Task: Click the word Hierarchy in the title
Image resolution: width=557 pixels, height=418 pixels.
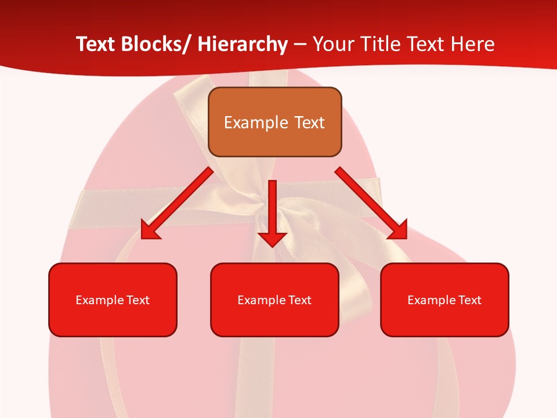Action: [x=243, y=44]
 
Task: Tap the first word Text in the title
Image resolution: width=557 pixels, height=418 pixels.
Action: [x=96, y=44]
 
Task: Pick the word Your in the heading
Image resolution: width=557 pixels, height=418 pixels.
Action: [x=332, y=44]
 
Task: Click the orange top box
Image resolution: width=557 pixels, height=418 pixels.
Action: [x=274, y=122]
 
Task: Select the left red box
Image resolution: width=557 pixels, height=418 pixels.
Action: [x=113, y=300]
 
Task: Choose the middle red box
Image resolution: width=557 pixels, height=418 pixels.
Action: [x=274, y=300]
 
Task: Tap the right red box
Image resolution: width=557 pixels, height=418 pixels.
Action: [x=444, y=300]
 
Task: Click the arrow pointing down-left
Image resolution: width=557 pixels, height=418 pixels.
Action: [x=177, y=203]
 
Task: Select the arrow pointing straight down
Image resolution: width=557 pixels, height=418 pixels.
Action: [x=272, y=212]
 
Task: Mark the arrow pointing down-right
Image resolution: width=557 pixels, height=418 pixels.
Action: [x=371, y=203]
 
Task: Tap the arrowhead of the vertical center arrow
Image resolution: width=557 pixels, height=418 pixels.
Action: [x=272, y=238]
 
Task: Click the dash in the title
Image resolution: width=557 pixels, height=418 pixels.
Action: [x=300, y=45]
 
